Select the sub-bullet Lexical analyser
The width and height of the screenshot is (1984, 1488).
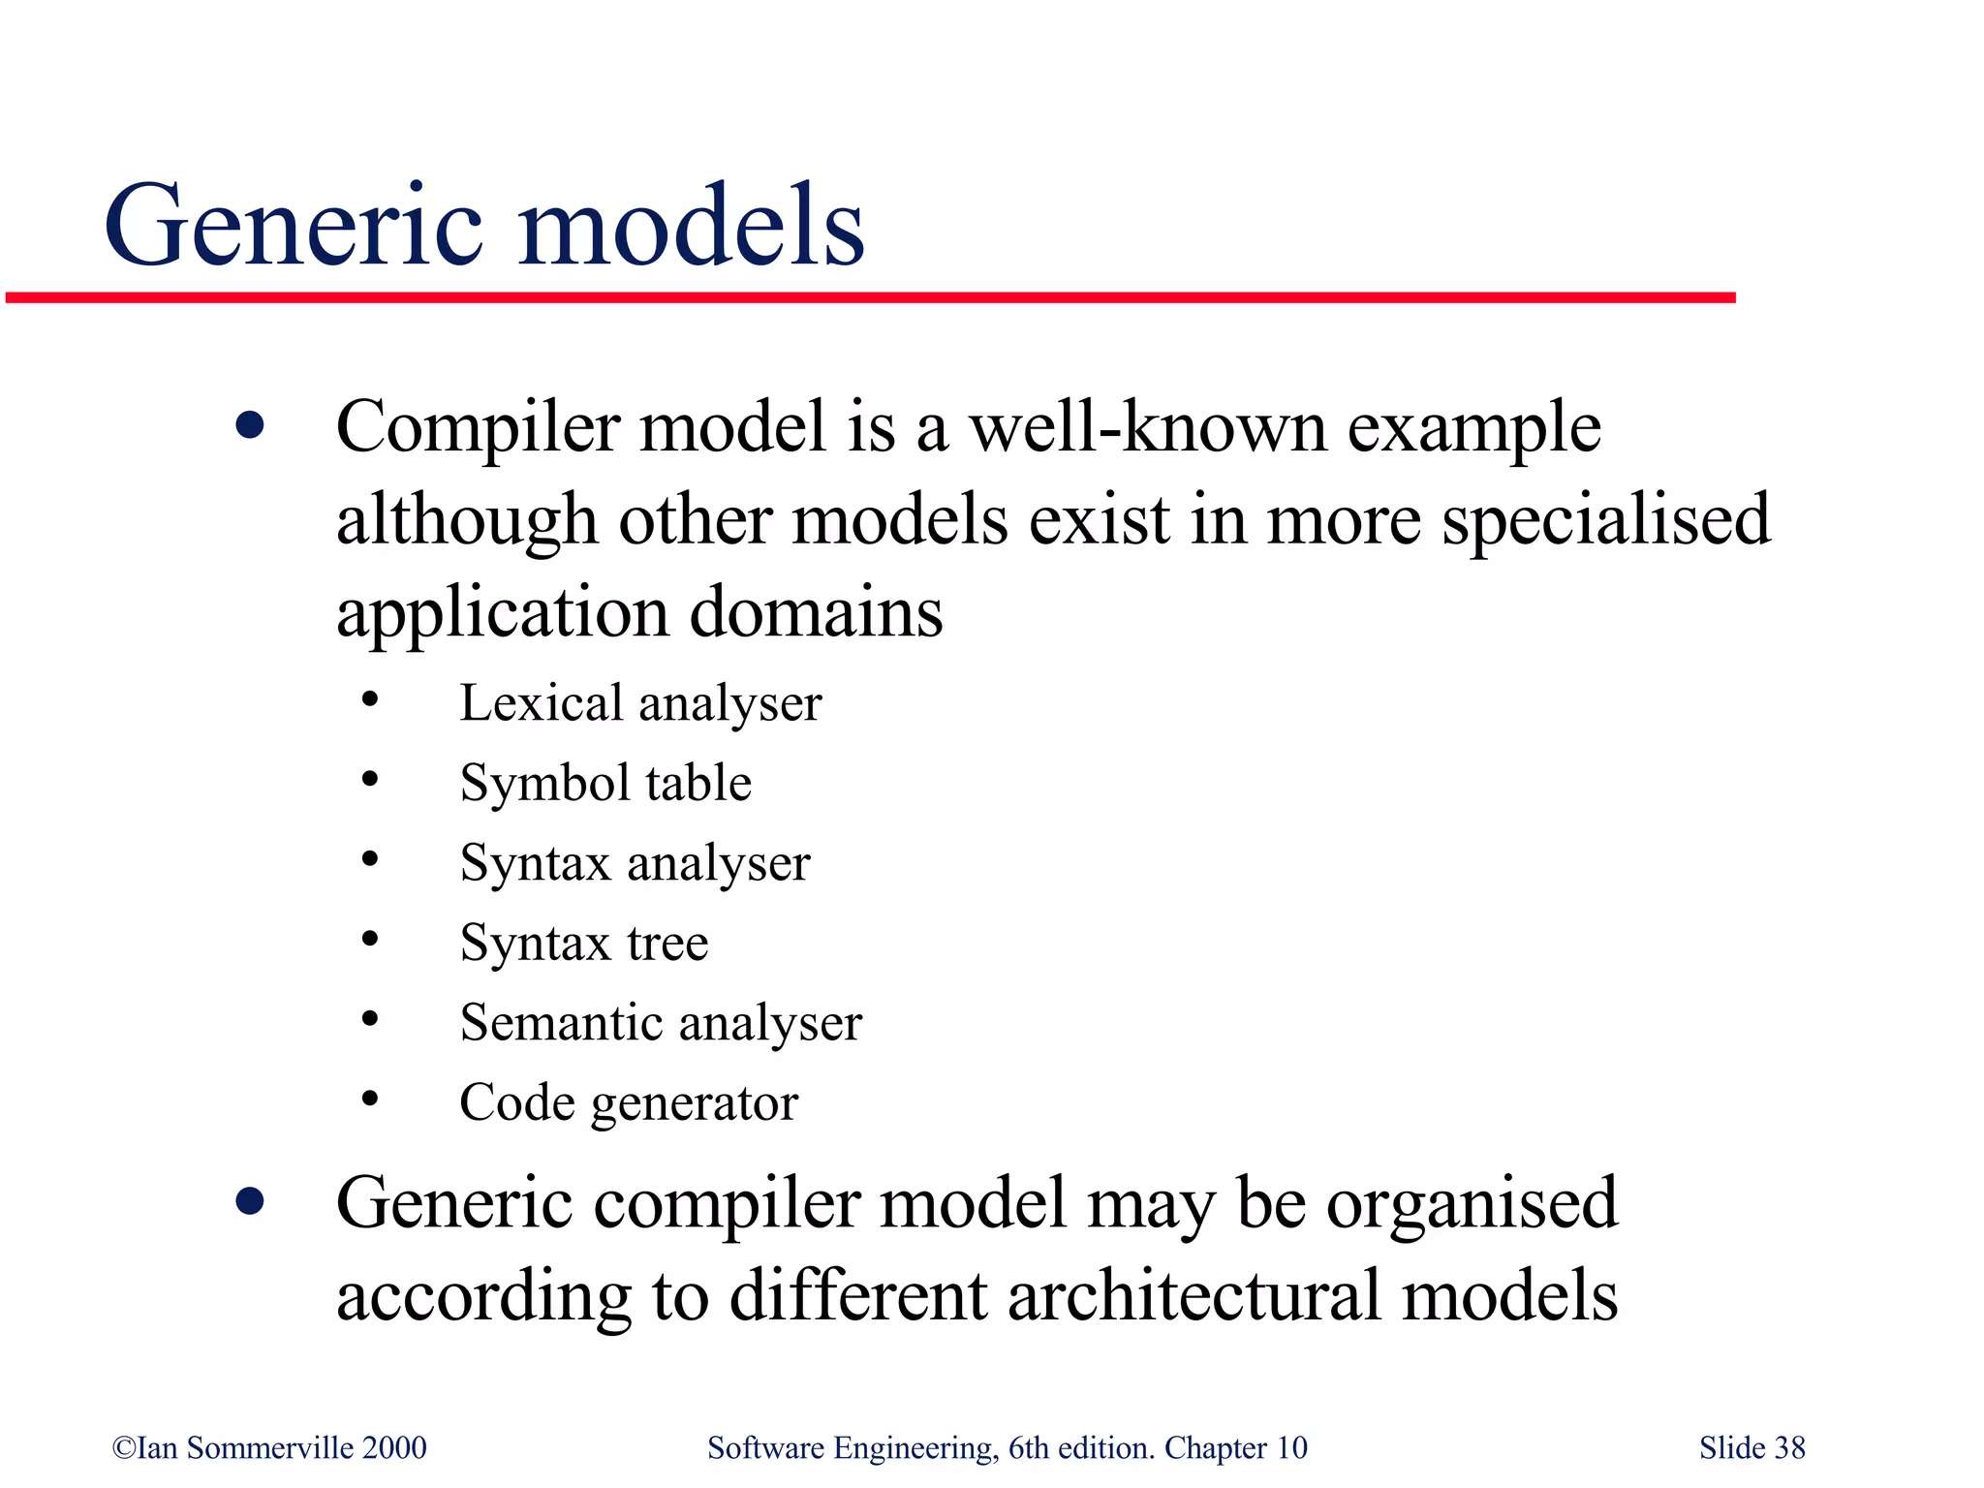(640, 703)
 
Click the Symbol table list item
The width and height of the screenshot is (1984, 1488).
(605, 783)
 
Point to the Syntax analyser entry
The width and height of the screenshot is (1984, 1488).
(635, 863)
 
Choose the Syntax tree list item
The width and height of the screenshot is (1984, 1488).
(584, 943)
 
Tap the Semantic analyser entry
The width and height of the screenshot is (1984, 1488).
(661, 1023)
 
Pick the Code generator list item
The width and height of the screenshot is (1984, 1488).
(629, 1102)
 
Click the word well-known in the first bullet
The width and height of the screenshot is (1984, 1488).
(1148, 427)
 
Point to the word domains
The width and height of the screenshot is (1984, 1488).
(816, 612)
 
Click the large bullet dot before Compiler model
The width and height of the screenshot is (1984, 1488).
(250, 426)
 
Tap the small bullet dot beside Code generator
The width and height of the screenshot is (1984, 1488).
(369, 1099)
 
